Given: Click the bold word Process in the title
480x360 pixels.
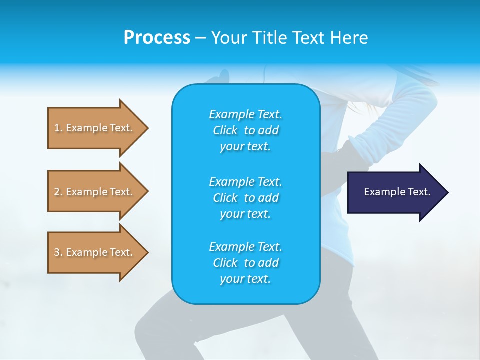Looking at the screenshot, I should click(x=157, y=38).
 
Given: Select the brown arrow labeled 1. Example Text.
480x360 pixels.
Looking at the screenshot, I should click(x=95, y=128).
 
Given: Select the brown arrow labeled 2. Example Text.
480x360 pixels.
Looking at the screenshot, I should click(x=95, y=192).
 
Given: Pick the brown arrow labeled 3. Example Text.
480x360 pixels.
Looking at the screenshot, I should click(x=95, y=252).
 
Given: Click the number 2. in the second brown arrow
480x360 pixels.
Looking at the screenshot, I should click(x=58, y=192).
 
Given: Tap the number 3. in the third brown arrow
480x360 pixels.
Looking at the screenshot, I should click(x=58, y=252).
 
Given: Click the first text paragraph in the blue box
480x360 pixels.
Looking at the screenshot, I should click(x=245, y=130).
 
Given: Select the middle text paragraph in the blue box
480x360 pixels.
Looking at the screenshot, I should click(x=245, y=198).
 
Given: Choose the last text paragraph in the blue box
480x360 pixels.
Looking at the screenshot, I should click(x=245, y=263).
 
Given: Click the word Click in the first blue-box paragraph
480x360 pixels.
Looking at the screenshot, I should click(x=225, y=130).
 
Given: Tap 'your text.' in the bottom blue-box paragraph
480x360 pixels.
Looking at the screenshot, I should click(x=245, y=279).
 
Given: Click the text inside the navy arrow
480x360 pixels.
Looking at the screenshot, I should click(x=397, y=192).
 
